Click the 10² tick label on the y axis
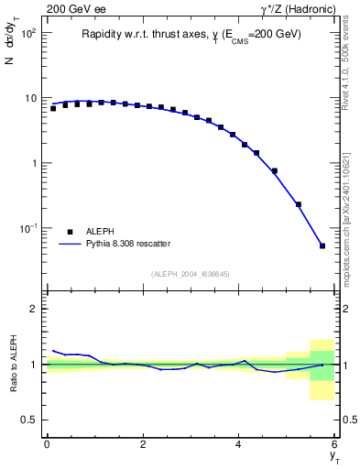28,33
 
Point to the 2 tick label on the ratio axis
34,309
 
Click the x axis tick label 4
239,444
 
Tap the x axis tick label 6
334,444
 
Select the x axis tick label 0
47,444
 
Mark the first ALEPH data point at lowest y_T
53,108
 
